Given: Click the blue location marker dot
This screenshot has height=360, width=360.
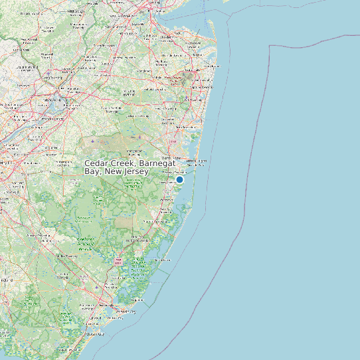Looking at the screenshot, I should [179, 179].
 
